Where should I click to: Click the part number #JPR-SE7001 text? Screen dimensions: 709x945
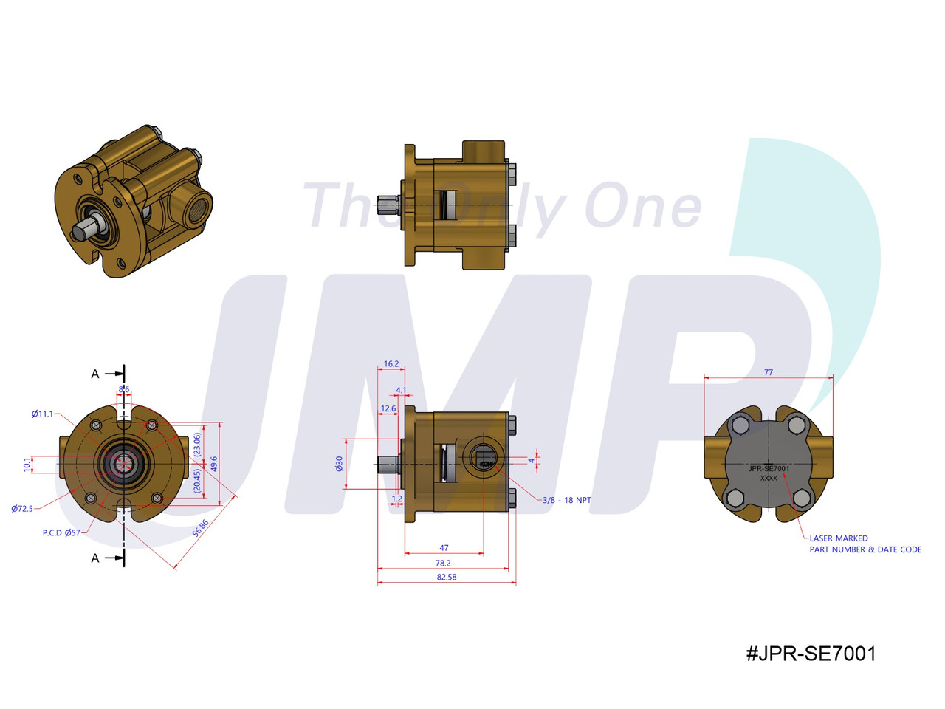pos(811,653)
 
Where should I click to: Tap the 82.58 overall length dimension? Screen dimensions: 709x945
pos(446,577)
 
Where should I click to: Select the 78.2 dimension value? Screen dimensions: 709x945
pos(443,563)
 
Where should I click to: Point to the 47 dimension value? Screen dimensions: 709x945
pos(444,548)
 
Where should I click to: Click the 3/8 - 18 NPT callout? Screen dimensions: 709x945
pos(566,500)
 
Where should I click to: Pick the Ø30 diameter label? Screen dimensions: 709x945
pos(339,463)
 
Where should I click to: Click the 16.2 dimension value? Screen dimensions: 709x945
pos(391,364)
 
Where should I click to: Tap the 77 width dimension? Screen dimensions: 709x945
pos(769,373)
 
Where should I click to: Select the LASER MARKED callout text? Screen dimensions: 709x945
pos(839,538)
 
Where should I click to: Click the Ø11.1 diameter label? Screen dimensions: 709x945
pos(42,414)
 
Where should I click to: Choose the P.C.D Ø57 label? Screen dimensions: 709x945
pos(61,532)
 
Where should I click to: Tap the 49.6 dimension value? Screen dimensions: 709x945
pos(214,464)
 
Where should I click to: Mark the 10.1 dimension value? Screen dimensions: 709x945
pos(27,465)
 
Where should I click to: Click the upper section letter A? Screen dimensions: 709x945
pos(94,374)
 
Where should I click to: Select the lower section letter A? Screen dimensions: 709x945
pos(94,558)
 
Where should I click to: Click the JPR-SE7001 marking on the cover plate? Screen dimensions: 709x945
pos(769,468)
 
